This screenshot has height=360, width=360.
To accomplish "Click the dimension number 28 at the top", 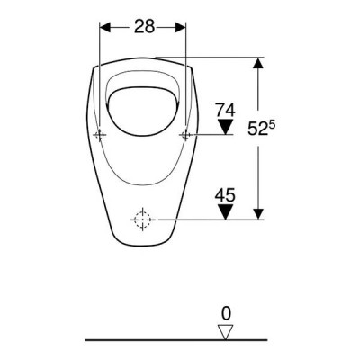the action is point(144,26).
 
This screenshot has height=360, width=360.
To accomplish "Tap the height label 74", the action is point(226,110).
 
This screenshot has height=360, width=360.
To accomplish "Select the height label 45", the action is point(225,195).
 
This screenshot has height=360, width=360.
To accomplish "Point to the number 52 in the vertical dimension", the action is point(257,130).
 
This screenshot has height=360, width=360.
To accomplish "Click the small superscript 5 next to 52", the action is point(271,125).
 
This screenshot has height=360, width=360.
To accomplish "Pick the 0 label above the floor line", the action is point(226,314).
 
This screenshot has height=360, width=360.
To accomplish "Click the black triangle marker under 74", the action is point(226,125).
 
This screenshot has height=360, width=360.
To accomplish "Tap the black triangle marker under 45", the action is point(226,211).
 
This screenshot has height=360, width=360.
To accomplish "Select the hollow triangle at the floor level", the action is point(226,331).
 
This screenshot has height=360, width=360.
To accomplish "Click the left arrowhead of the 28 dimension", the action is point(105,28).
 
